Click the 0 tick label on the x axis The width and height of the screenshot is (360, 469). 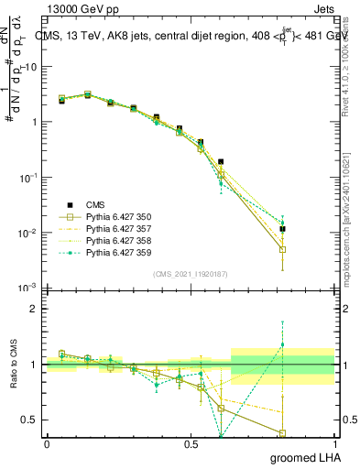click(x=47, y=444)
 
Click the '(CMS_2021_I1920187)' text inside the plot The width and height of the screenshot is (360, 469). click(x=191, y=274)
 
